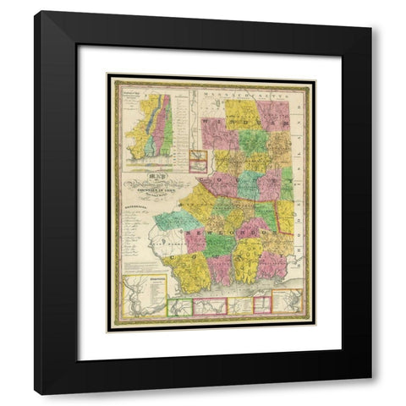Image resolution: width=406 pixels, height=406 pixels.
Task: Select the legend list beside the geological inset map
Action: click(x=178, y=127)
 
